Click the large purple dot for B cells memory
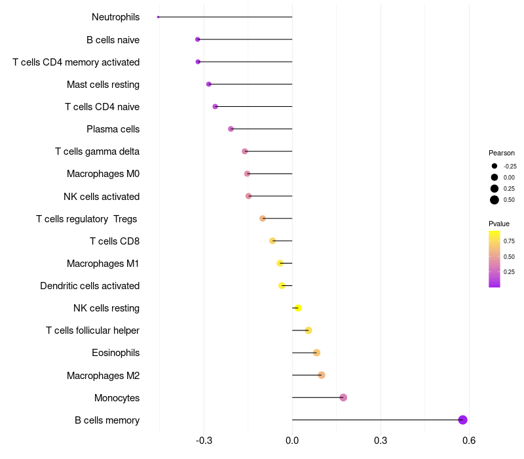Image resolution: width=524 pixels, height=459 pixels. click(462, 420)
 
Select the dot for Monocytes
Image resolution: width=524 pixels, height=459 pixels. click(343, 397)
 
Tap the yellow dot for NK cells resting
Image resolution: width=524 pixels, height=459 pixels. click(298, 308)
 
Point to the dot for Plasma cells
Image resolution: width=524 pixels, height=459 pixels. click(231, 129)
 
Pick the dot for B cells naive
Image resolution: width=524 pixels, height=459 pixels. click(198, 39)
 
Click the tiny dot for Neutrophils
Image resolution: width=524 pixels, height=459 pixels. click(159, 17)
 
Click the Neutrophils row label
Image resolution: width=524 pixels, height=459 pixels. click(115, 17)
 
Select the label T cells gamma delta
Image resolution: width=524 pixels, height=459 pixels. click(97, 151)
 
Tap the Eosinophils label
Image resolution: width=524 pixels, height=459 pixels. click(115, 353)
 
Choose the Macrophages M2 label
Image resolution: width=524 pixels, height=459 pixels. click(103, 376)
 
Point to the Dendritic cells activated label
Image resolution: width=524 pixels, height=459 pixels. click(90, 286)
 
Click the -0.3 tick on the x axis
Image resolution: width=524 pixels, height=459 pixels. click(204, 441)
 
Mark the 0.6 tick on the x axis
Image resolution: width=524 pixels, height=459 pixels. click(468, 441)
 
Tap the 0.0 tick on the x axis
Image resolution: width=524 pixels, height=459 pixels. click(292, 441)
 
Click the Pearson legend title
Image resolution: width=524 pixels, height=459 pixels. click(502, 153)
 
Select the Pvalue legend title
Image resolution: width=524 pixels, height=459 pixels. click(499, 224)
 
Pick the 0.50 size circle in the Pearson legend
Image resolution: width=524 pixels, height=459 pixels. click(495, 200)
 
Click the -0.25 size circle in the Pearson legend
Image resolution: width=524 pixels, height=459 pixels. click(495, 166)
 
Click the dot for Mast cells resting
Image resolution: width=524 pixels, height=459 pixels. click(209, 84)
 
